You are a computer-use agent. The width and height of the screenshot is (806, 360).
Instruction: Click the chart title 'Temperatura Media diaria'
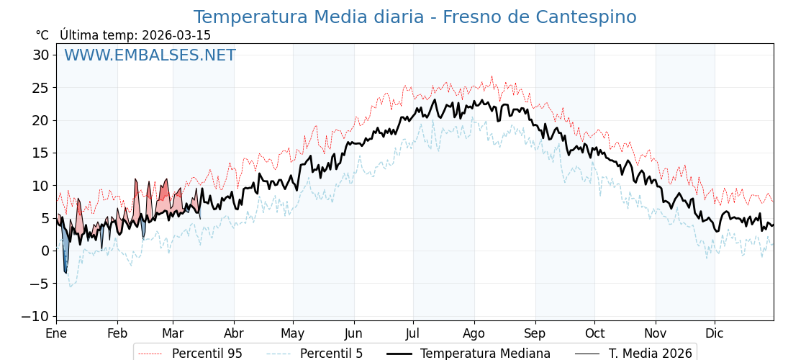(415, 17)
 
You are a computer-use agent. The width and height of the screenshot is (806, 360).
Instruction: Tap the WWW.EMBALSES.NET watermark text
(150, 55)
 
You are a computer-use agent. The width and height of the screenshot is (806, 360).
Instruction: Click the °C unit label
(42, 35)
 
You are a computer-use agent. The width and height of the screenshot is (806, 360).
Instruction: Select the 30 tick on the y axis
(40, 55)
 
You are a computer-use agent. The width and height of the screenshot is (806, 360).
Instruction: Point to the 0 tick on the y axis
(45, 251)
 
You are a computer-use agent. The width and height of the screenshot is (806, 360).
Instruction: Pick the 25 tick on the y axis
(40, 88)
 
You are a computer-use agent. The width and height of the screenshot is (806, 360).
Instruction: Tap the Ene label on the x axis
(56, 333)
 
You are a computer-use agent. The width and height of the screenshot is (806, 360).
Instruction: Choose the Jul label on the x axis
(413, 333)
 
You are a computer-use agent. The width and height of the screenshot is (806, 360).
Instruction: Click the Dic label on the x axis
(715, 333)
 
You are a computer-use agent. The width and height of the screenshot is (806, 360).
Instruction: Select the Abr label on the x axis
(234, 333)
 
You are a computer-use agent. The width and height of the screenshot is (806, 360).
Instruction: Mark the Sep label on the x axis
(535, 333)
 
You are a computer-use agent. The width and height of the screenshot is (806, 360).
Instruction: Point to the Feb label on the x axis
(117, 333)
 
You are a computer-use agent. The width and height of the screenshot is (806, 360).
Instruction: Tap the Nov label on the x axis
(656, 333)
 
